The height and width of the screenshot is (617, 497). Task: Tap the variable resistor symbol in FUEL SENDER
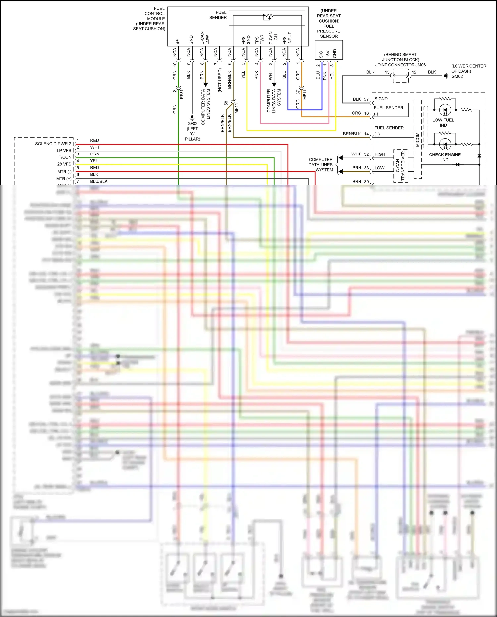click(268, 16)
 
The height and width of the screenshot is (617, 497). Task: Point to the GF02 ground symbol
click(192, 117)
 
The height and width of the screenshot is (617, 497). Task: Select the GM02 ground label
click(457, 76)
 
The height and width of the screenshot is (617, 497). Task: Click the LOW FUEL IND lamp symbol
click(445, 110)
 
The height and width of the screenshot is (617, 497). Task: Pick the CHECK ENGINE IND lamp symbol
click(445, 144)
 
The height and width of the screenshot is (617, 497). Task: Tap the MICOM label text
click(418, 140)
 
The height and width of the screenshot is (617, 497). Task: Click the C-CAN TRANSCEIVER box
click(401, 166)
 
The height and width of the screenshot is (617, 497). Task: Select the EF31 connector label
click(182, 94)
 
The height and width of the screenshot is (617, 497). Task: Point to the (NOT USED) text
click(220, 80)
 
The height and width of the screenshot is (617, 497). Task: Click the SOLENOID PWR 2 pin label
click(53, 144)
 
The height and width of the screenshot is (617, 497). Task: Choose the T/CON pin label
click(65, 157)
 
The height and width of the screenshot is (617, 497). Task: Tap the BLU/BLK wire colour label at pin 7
click(99, 181)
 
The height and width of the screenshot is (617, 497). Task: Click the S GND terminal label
click(381, 99)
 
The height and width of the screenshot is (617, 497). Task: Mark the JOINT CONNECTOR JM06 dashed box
click(401, 76)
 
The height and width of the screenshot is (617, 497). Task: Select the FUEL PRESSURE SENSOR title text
click(329, 24)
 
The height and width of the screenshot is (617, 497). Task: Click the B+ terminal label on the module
click(177, 42)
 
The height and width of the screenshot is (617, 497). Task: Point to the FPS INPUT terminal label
click(287, 38)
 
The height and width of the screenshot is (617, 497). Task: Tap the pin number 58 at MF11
click(226, 103)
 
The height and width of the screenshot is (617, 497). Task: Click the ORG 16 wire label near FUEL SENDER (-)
click(360, 113)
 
